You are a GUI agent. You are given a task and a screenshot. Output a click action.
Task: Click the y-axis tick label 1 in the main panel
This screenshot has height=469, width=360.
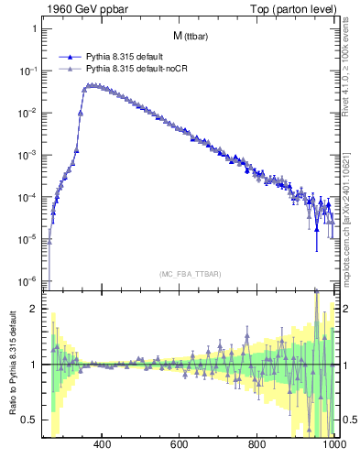click(34, 28)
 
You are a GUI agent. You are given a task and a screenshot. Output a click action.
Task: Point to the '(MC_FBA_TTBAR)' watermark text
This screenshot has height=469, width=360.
click(191, 274)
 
